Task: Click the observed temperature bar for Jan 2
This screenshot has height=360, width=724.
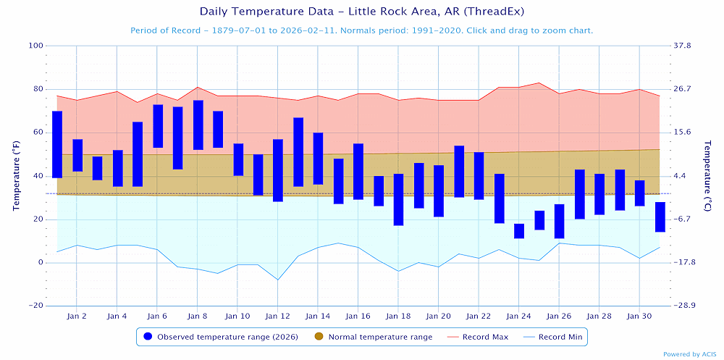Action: pyautogui.click(x=77, y=155)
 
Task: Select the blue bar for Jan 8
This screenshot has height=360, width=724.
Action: pyautogui.click(x=198, y=125)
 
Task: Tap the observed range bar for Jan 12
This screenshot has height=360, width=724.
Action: pyautogui.click(x=278, y=170)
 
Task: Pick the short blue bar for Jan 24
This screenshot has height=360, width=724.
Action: pyautogui.click(x=519, y=231)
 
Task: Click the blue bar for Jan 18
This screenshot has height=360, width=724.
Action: pyautogui.click(x=399, y=199)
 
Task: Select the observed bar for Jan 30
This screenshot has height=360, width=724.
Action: pyautogui.click(x=639, y=193)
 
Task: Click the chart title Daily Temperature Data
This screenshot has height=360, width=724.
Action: pyautogui.click(x=361, y=12)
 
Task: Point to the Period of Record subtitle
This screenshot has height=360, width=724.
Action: pyautogui.click(x=361, y=30)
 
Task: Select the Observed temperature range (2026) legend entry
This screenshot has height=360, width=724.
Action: pyautogui.click(x=222, y=337)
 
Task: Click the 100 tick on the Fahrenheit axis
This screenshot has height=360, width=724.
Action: pyautogui.click(x=35, y=46)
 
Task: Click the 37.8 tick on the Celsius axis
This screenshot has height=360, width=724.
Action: pyautogui.click(x=682, y=46)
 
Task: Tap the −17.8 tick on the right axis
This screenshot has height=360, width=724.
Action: pyautogui.click(x=683, y=262)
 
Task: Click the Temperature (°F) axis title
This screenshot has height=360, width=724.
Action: pyautogui.click(x=15, y=175)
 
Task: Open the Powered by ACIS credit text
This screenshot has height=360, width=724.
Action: pyautogui.click(x=690, y=354)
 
